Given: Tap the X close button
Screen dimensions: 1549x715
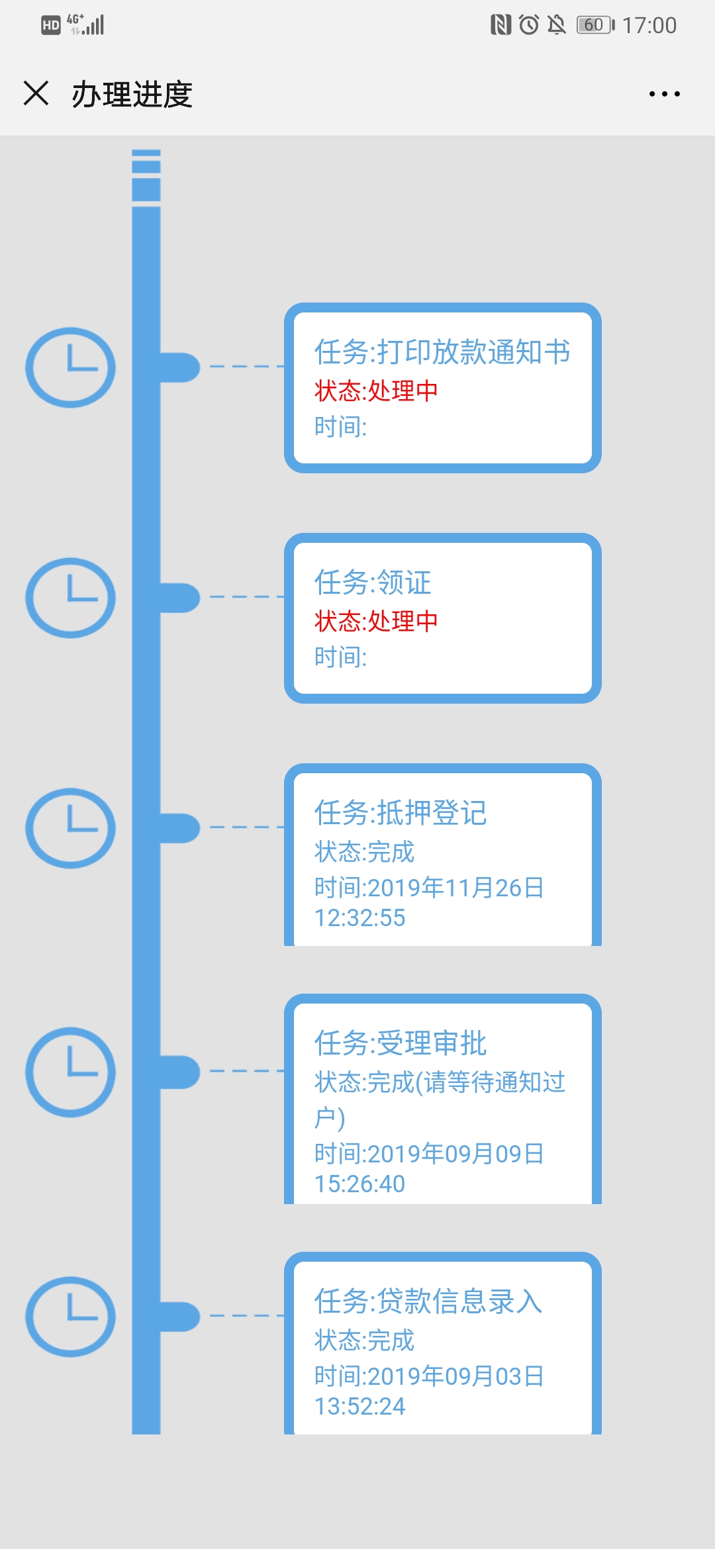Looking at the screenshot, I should tap(36, 93).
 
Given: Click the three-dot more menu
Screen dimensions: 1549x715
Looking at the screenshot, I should tap(664, 94).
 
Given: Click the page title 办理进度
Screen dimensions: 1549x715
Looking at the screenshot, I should tap(132, 95).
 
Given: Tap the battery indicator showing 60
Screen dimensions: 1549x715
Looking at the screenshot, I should tap(595, 25).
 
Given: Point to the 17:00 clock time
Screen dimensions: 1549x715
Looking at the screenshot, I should tap(649, 25).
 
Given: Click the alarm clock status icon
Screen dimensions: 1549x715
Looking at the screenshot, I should tap(529, 25).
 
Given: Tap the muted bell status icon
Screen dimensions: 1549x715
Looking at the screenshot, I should tap(557, 25).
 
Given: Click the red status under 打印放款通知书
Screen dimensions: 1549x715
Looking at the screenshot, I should tap(376, 391).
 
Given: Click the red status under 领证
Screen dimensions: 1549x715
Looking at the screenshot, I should tap(376, 621).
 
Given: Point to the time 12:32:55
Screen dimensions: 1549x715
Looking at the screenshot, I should tap(359, 918).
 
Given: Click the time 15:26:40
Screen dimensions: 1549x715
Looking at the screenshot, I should tap(359, 1184).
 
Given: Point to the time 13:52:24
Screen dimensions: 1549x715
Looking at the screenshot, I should tap(359, 1407).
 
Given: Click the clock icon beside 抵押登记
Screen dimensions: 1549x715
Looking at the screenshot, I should tap(71, 828).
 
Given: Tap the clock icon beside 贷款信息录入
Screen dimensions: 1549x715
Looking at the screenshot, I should tap(71, 1317).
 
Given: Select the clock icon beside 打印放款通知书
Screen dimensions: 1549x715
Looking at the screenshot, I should tap(71, 367).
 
